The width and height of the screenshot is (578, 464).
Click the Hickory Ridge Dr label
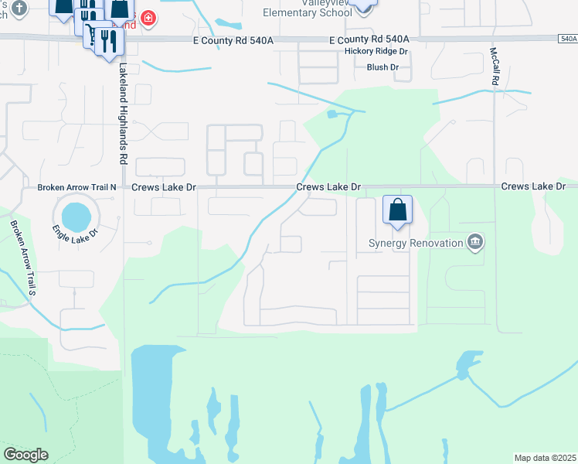point(376,53)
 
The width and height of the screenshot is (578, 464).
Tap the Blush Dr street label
point(382,67)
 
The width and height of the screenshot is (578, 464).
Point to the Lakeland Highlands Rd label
point(123,113)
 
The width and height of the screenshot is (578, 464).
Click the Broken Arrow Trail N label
point(76,188)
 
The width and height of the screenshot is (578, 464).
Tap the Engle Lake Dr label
point(75,230)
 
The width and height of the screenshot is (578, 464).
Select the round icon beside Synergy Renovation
point(475,243)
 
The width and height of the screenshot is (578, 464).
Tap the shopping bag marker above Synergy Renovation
point(397,210)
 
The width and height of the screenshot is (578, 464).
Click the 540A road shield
point(566,38)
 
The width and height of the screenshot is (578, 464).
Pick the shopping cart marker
point(93,34)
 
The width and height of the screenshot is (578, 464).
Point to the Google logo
point(25,455)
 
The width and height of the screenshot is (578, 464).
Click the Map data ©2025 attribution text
point(545,458)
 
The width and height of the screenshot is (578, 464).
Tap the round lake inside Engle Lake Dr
point(76,216)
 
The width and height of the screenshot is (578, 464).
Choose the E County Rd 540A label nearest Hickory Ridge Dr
point(368,39)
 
